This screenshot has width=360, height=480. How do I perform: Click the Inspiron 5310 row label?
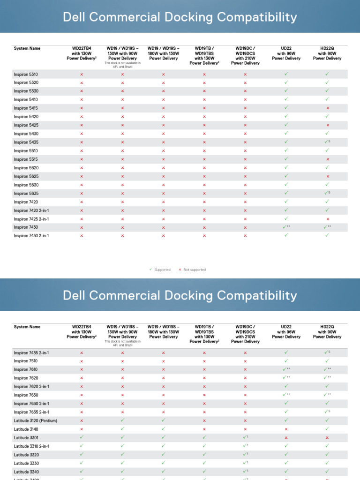[x=26, y=74]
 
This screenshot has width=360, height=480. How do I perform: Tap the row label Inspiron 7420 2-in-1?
[x=31, y=210]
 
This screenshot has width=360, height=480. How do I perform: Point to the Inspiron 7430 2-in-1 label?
[x=31, y=236]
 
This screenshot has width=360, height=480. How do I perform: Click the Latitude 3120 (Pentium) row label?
[x=36, y=420]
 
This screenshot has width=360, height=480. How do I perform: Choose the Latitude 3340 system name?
[x=26, y=472]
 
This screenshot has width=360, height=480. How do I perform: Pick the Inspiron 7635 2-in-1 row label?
[x=31, y=412]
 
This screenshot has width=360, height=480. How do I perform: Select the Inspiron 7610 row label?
[x=26, y=369]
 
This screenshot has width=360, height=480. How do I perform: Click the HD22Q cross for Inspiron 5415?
[x=328, y=108]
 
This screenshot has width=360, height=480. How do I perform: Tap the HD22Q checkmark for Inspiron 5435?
[x=327, y=142]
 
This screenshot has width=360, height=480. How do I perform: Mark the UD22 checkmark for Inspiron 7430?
[x=286, y=227]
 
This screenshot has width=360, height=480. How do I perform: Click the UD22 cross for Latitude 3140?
[x=286, y=429]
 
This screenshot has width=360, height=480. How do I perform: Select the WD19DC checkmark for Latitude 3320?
[x=244, y=455]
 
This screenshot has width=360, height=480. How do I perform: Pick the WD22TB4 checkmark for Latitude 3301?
[x=82, y=437]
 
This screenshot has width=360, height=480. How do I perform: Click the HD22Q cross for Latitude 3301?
[x=328, y=437]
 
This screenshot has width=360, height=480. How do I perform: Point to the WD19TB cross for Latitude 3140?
[x=204, y=429]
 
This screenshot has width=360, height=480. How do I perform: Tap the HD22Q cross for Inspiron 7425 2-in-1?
[x=328, y=219]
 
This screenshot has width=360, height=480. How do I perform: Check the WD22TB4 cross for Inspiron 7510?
[x=82, y=361]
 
